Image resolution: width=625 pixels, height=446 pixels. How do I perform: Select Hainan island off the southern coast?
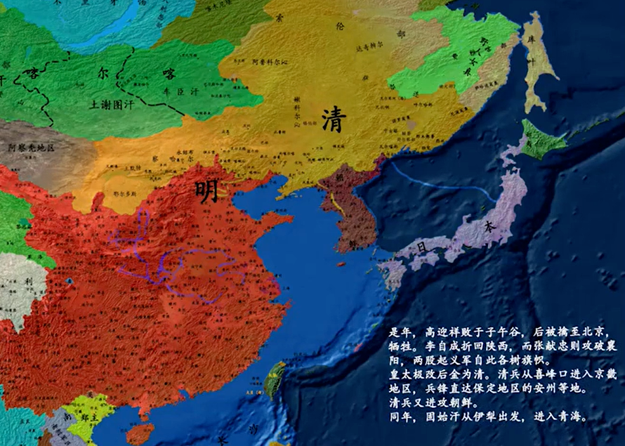140,434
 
